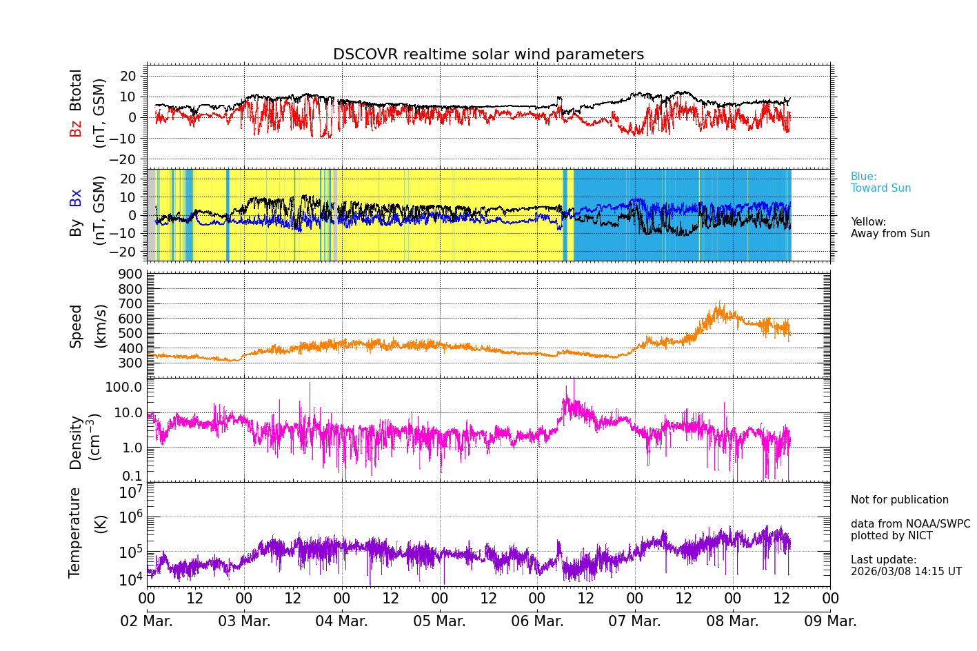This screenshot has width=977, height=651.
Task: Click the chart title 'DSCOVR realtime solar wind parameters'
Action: pyautogui.click(x=488, y=54)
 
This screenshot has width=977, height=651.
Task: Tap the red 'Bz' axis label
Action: pyautogui.click(x=76, y=128)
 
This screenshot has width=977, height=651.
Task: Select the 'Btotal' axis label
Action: pyautogui.click(x=76, y=90)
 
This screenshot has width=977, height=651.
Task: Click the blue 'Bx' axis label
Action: pyautogui.click(x=76, y=198)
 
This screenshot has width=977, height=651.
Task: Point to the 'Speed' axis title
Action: pyautogui.click(x=76, y=325)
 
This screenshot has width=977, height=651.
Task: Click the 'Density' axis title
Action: pyautogui.click(x=76, y=442)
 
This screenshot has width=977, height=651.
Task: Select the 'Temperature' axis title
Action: pyautogui.click(x=75, y=532)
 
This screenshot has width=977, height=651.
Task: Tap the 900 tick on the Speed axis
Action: pyautogui.click(x=134, y=274)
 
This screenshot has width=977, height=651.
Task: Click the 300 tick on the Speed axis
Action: pyautogui.click(x=134, y=363)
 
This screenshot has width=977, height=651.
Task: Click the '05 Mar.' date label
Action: pyautogui.click(x=439, y=621)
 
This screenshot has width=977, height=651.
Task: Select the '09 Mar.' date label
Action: pyautogui.click(x=830, y=621)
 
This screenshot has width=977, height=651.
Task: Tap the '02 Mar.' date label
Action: pyautogui.click(x=147, y=621)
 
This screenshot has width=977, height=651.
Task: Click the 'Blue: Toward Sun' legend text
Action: pyautogui.click(x=880, y=183)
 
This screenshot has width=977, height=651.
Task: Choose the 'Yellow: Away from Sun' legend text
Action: pyautogui.click(x=890, y=228)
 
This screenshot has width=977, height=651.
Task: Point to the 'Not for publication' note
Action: pyautogui.click(x=899, y=500)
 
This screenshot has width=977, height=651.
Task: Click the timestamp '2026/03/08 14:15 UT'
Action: pyautogui.click(x=906, y=572)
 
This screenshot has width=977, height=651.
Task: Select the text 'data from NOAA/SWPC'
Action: pyautogui.click(x=910, y=524)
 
